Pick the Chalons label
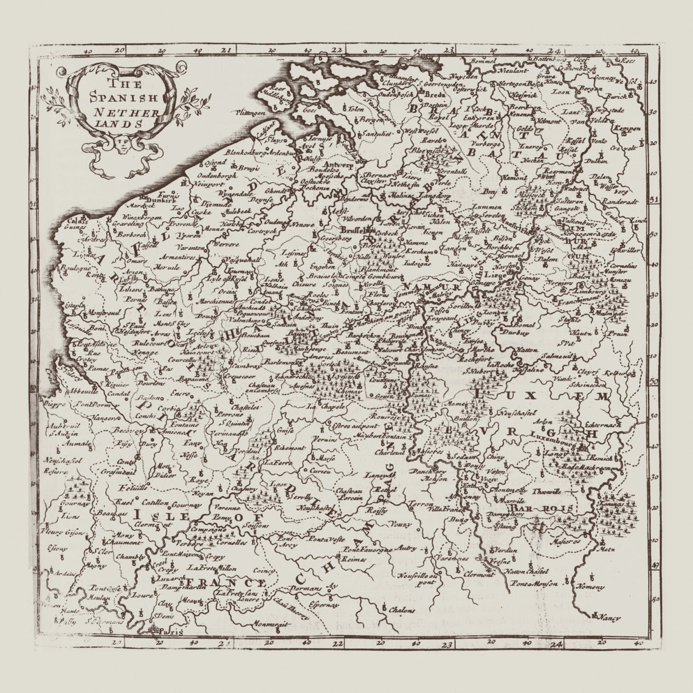[x=403, y=609]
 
